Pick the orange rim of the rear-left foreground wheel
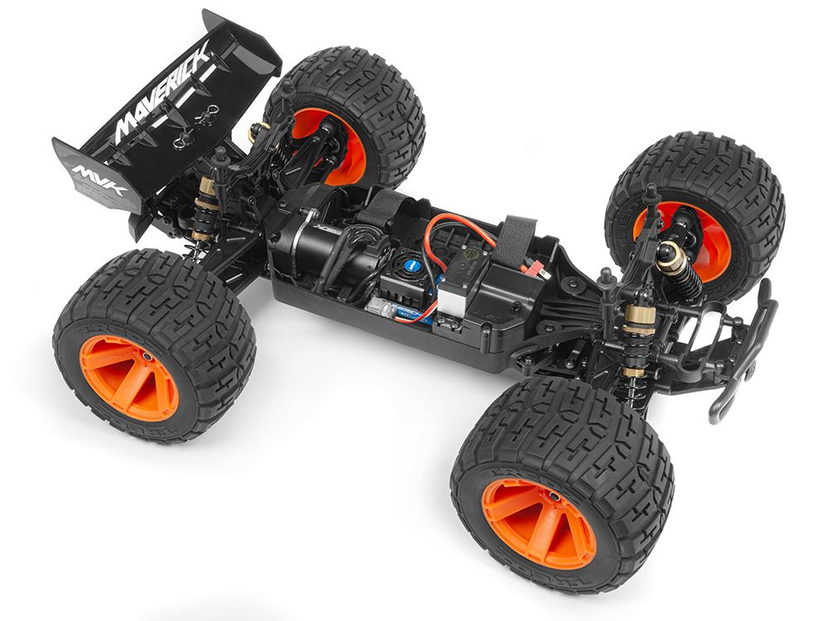128,378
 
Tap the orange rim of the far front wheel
662,236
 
